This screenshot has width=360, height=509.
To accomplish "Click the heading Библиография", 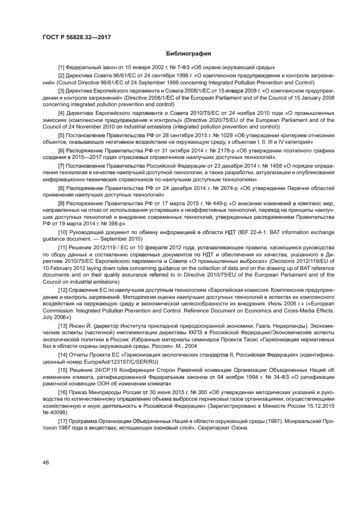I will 188,54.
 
